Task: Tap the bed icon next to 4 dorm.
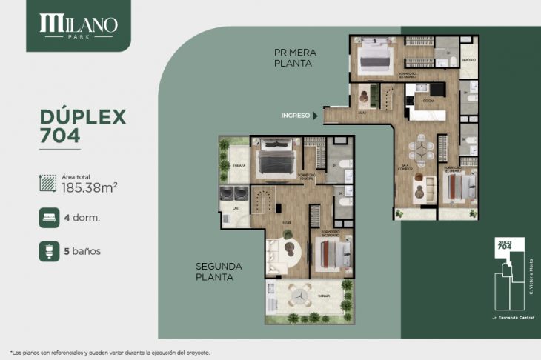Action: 49,218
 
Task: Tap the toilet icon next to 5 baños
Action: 49,250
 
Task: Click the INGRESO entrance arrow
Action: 316,116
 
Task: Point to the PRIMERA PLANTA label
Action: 295,58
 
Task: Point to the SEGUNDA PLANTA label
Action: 220,271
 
